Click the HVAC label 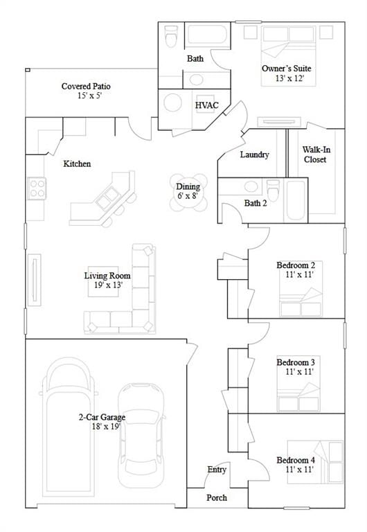click(x=207, y=105)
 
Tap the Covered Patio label click(x=86, y=86)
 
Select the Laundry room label click(x=254, y=154)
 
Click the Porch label click(x=217, y=497)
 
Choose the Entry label click(x=217, y=470)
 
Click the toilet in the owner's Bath click(x=171, y=36)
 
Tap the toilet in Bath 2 click(x=273, y=190)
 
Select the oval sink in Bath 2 click(x=251, y=186)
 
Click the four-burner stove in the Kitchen click(x=37, y=188)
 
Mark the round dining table click(x=188, y=193)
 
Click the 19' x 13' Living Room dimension click(x=108, y=285)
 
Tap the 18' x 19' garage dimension click(x=106, y=427)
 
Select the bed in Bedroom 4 click(x=315, y=462)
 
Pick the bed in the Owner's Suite click(x=289, y=56)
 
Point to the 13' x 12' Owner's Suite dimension click(x=289, y=78)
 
